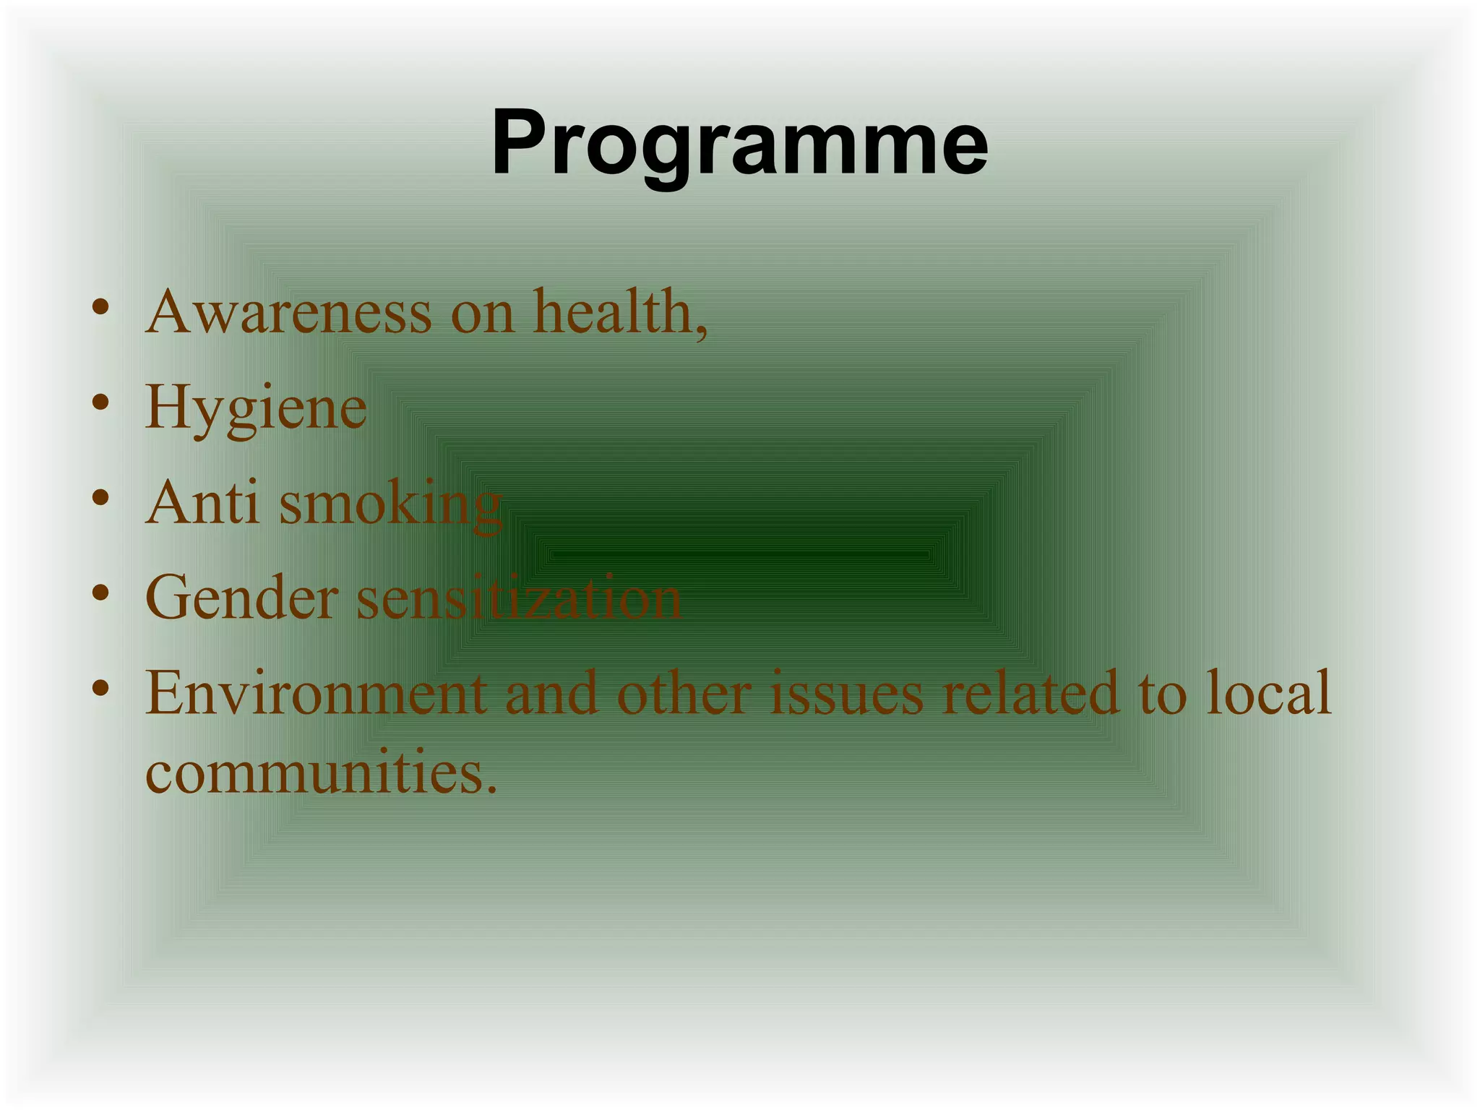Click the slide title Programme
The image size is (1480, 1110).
tap(739, 142)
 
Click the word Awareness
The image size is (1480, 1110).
tap(289, 312)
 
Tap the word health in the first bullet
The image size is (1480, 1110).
tap(614, 312)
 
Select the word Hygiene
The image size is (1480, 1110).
tap(256, 409)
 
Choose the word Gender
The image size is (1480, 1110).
tap(241, 598)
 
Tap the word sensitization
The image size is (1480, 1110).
tap(519, 598)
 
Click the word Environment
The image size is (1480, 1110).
tap(316, 693)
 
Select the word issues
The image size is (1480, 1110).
tap(846, 693)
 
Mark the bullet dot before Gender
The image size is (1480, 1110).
tap(100, 593)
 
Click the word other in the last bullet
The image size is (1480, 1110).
tap(684, 693)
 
